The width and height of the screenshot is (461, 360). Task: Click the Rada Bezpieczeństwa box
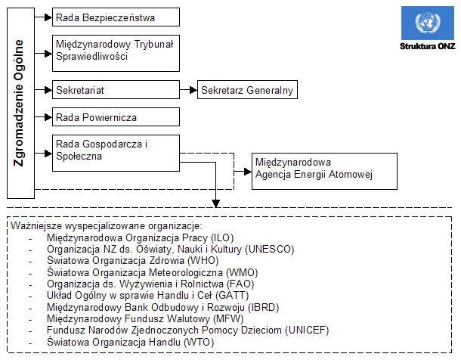click(116, 17)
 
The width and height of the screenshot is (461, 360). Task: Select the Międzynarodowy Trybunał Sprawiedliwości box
click(116, 51)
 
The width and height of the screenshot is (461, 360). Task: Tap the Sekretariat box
click(116, 90)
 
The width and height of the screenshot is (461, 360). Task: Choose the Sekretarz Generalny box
click(246, 90)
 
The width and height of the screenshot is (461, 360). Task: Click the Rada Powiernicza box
click(116, 117)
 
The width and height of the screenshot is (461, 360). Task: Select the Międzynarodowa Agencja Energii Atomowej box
click(324, 172)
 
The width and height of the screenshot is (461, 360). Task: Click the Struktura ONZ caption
click(428, 46)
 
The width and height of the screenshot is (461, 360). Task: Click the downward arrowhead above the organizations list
click(216, 203)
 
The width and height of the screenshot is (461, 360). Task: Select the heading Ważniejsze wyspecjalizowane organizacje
click(106, 226)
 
